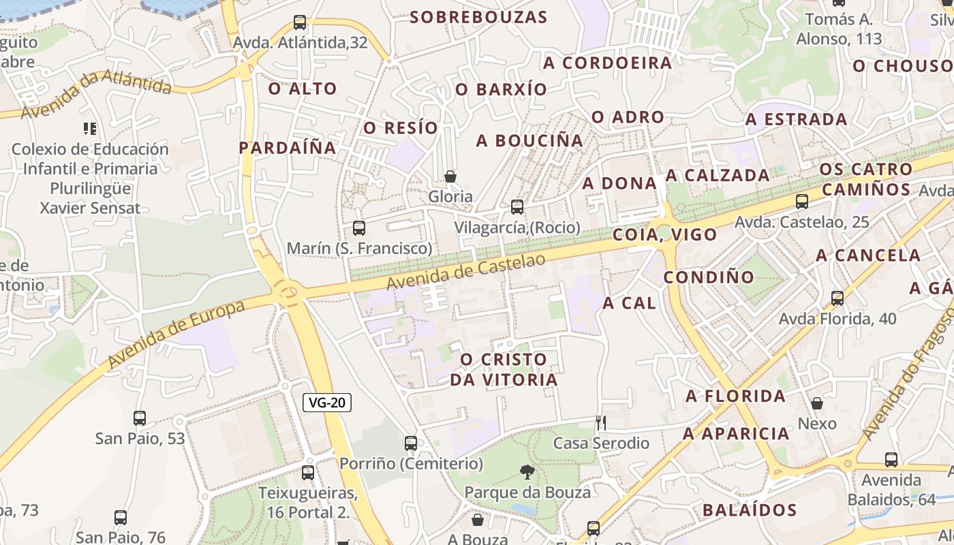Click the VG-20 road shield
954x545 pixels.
pyautogui.click(x=327, y=403)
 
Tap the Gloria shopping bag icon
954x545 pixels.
pyautogui.click(x=450, y=177)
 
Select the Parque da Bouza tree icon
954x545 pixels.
pyautogui.click(x=527, y=471)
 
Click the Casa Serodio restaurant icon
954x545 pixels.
pyautogui.click(x=600, y=423)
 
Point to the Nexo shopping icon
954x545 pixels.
pyautogui.click(x=817, y=404)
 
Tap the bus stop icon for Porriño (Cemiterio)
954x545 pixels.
pyautogui.click(x=411, y=443)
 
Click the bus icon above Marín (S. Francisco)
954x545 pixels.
pyautogui.click(x=359, y=228)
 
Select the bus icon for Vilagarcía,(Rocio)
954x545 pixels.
pyautogui.click(x=517, y=206)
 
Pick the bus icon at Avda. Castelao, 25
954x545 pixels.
pyautogui.click(x=802, y=202)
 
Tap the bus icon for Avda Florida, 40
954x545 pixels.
pyautogui.click(x=837, y=298)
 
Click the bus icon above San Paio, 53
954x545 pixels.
pyautogui.click(x=140, y=418)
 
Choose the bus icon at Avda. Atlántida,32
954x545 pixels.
pyautogui.click(x=300, y=22)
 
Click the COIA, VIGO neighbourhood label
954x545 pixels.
pyautogui.click(x=665, y=235)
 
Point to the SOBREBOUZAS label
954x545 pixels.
pyautogui.click(x=479, y=17)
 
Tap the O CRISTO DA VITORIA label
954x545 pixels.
pyautogui.click(x=504, y=369)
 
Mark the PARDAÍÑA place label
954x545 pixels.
pyautogui.click(x=288, y=148)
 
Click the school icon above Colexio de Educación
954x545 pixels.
pyautogui.click(x=90, y=128)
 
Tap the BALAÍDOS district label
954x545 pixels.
pyautogui.click(x=750, y=510)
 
